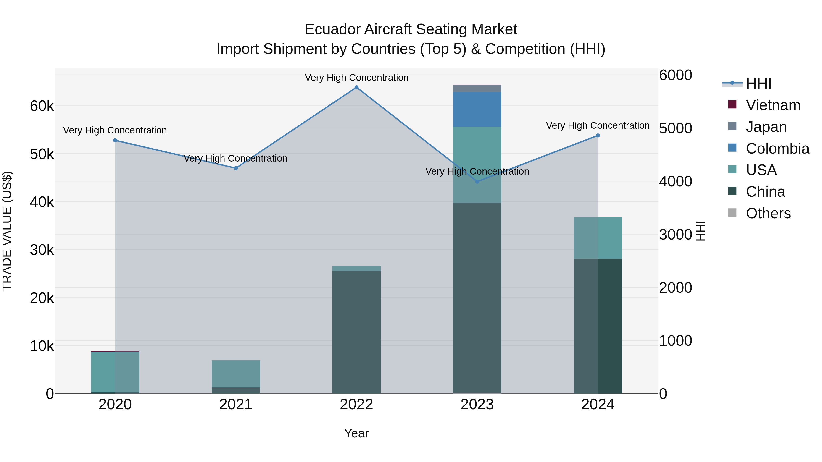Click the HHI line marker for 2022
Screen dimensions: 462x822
356,87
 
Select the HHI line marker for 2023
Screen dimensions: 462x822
477,181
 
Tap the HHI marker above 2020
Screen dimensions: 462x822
115,140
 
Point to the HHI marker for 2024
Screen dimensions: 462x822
598,136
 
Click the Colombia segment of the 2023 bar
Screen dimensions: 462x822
477,109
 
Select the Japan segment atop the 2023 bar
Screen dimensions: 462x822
477,88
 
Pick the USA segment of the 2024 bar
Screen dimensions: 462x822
598,238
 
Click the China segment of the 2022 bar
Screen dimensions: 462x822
356,331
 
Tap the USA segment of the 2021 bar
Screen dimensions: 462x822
236,374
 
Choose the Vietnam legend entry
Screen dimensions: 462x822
773,105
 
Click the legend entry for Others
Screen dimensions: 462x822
768,213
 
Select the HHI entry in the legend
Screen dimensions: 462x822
759,84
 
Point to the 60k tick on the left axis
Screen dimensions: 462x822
42,106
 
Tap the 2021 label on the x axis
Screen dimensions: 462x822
236,405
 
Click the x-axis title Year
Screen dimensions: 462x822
356,433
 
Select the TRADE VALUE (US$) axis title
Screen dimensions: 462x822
7,231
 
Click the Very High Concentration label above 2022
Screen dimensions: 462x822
356,78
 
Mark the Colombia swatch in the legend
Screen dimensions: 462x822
732,148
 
